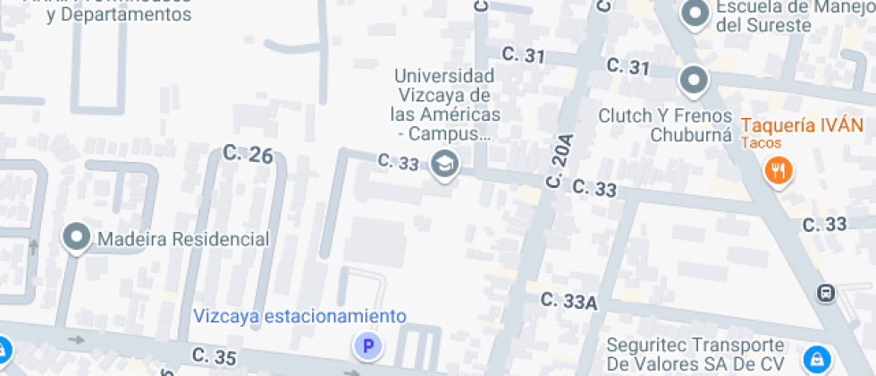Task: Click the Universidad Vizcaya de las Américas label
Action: tap(444, 105)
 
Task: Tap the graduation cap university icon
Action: tap(443, 164)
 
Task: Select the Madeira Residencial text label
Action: tap(183, 239)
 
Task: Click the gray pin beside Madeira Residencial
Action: tap(77, 237)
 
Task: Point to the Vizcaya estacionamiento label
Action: tap(299, 316)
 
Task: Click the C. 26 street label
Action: tap(248, 154)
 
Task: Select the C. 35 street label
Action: tap(214, 356)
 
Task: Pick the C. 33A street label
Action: tap(569, 302)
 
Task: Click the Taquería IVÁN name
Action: tap(803, 125)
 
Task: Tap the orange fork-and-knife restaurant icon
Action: tap(779, 169)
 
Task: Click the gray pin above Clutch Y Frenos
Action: tap(694, 81)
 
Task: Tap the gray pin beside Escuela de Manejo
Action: tap(694, 13)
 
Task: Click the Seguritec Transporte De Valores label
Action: tap(695, 355)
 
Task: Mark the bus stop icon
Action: tap(825, 292)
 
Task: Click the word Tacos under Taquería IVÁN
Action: tap(761, 143)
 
